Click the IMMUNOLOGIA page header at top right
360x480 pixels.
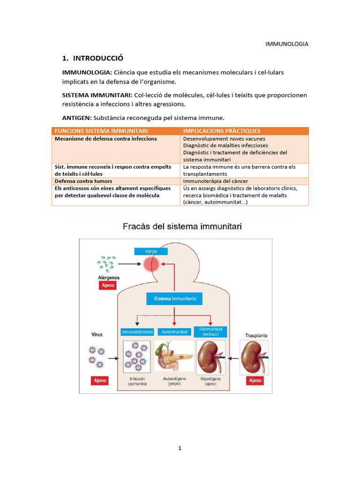coord(287,44)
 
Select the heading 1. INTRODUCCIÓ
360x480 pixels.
coord(92,59)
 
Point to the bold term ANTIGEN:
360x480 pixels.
coord(77,118)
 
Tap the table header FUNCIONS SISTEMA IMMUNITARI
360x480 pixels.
coord(101,131)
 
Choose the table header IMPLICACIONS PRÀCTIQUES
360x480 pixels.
coord(222,131)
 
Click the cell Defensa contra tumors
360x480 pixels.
coord(83,181)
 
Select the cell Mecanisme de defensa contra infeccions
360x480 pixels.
coord(106,139)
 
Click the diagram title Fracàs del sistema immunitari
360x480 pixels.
coord(182,227)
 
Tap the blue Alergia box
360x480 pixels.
coord(150,251)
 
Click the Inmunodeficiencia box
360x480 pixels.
coord(137,332)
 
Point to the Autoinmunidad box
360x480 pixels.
coord(174,332)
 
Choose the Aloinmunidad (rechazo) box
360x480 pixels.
coord(210,332)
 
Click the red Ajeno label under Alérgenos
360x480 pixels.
coord(106,285)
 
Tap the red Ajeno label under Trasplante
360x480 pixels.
coord(255,380)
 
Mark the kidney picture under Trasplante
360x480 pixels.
coord(255,357)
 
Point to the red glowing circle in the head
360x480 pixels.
coord(151,264)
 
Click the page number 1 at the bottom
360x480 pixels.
coord(180,448)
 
